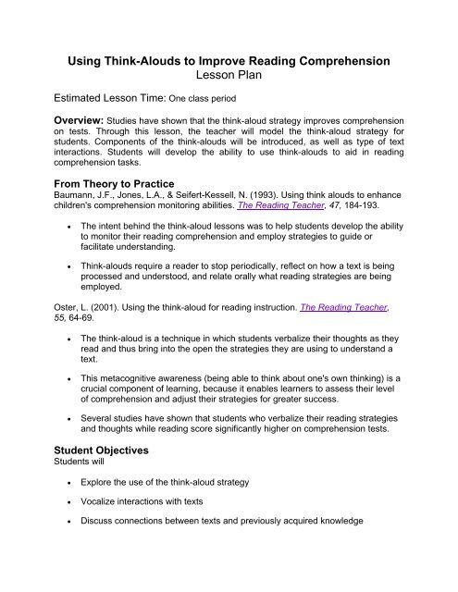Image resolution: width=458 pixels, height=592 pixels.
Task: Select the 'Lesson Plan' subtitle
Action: [229, 80]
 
